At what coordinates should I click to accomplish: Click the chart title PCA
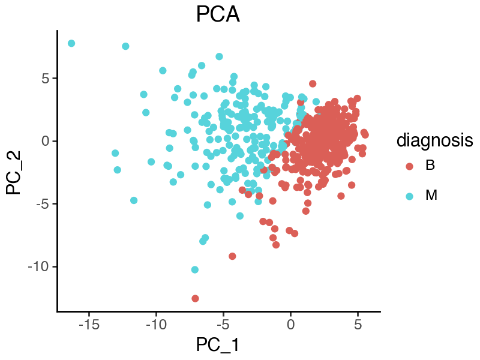tap(218, 14)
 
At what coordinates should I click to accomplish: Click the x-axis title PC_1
tap(217, 344)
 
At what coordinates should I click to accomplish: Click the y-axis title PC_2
tap(13, 172)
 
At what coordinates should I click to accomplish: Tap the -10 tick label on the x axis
tap(156, 325)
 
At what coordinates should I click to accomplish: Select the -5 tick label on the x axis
tap(223, 325)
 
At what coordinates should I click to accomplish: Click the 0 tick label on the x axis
tap(290, 325)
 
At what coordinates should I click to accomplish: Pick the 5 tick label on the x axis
tap(358, 325)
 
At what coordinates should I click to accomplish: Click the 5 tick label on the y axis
tap(46, 79)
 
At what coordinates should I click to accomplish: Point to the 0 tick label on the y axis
tap(46, 141)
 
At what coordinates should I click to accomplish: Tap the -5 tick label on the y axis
tap(42, 204)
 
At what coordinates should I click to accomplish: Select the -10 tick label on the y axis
tap(38, 266)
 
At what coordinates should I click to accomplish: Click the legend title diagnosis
tap(434, 141)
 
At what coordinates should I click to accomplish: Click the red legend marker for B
tap(409, 166)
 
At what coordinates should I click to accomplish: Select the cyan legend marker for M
tap(409, 196)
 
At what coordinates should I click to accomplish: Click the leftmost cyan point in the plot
tap(71, 43)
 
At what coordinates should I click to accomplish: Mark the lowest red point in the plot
tap(196, 298)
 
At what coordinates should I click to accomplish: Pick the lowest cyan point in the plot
tap(195, 269)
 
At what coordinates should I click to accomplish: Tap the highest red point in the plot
tap(313, 83)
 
